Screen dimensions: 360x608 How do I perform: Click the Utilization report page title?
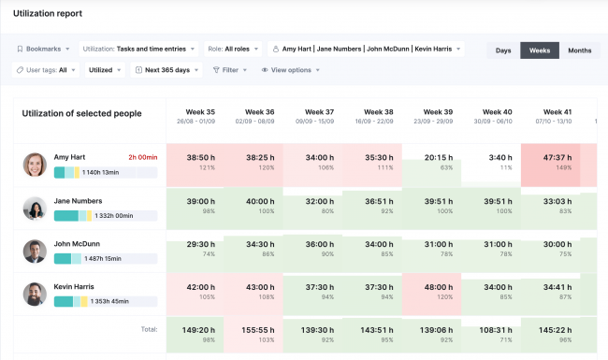(48, 14)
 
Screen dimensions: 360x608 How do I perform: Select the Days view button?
(503, 50)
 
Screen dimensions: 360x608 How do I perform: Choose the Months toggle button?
(580, 50)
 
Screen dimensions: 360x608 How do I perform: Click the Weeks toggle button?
(540, 50)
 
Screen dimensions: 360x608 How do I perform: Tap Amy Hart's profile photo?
(35, 165)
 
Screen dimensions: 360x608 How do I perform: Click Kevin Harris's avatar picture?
(35, 294)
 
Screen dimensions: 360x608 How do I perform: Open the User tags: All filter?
(46, 70)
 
